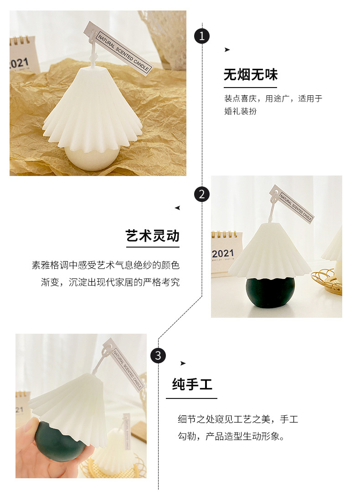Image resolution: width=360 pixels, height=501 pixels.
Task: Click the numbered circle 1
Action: pyautogui.click(x=202, y=36)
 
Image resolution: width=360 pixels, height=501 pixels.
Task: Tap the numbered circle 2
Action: pyautogui.click(x=202, y=194)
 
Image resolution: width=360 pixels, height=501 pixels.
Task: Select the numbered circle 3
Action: pyautogui.click(x=158, y=355)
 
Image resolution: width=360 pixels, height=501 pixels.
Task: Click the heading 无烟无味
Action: pyautogui.click(x=250, y=75)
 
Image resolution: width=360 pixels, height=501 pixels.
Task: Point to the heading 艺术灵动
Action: pyautogui.click(x=153, y=236)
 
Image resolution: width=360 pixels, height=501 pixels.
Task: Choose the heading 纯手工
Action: pyautogui.click(x=192, y=384)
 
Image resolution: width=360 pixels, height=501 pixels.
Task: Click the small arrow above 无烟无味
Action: pyautogui.click(x=227, y=50)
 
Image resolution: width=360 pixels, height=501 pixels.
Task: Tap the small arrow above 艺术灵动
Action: pyautogui.click(x=177, y=208)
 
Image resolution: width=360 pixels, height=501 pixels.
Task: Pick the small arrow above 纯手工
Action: pyautogui.click(x=183, y=363)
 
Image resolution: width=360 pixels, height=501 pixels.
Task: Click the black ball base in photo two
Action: pyautogui.click(x=269, y=294)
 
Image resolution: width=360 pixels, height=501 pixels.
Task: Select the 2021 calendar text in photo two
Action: pyautogui.click(x=223, y=253)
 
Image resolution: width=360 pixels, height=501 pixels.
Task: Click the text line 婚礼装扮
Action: pyautogui.click(x=240, y=111)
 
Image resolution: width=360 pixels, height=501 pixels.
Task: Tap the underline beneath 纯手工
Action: pyautogui.click(x=191, y=398)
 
